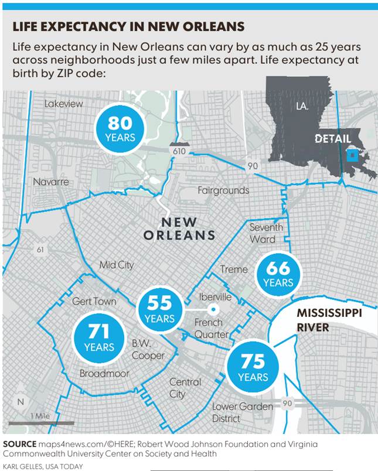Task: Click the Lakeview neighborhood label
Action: (64, 104)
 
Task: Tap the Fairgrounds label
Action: (223, 190)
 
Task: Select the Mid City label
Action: (117, 265)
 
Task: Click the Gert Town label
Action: (94, 301)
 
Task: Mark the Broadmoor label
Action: (104, 374)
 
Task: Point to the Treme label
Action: (234, 269)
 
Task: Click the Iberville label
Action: (215, 297)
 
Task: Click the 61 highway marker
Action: (40, 250)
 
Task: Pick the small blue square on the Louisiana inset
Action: (352, 155)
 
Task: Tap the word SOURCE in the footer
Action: (20, 443)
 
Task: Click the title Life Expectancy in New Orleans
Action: (128, 27)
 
